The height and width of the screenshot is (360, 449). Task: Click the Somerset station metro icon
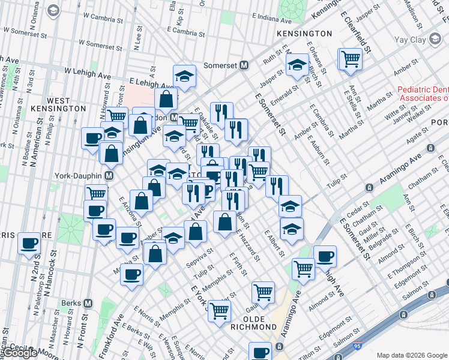tap(244, 65)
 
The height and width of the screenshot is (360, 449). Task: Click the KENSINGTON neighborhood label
tap(304, 34)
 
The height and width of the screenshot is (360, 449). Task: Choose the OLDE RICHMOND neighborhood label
tap(254, 322)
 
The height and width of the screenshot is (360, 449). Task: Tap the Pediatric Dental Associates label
tap(423, 94)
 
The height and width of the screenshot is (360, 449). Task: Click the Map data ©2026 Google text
tap(411, 355)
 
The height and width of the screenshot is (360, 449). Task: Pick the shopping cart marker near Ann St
tap(350, 59)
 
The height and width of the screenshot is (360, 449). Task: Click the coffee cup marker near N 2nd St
tap(29, 244)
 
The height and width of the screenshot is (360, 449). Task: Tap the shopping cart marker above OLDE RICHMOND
tap(263, 292)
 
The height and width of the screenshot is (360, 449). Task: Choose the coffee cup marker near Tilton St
tap(261, 352)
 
